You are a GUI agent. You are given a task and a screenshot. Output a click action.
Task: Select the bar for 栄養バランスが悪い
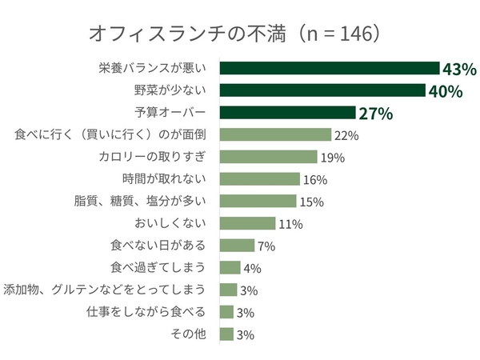(x=329, y=68)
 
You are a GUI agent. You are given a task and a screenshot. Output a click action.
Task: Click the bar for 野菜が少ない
(x=322, y=90)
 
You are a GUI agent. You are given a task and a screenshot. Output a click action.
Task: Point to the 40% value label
(x=446, y=91)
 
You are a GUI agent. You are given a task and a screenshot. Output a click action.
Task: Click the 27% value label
(x=375, y=114)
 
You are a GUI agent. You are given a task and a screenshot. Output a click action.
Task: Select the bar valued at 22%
(x=274, y=134)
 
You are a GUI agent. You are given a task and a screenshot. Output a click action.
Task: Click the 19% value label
(x=331, y=158)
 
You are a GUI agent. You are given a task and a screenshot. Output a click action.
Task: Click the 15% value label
(x=310, y=202)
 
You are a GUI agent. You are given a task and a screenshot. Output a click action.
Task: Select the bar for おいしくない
(x=247, y=223)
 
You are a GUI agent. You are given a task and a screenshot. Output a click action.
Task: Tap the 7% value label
(x=266, y=246)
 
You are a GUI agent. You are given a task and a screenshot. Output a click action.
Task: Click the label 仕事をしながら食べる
(x=151, y=312)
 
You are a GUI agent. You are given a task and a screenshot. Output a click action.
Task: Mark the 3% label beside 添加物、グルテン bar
(x=247, y=290)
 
